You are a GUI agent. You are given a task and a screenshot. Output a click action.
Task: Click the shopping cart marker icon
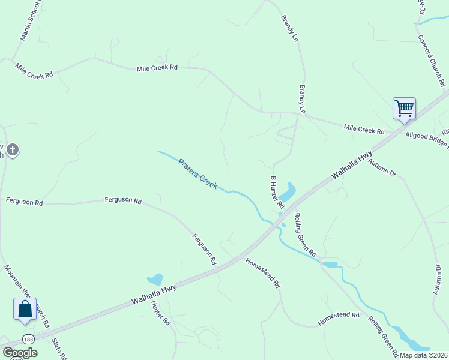[x=404, y=109]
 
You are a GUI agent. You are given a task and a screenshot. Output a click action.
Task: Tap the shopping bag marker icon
[x=25, y=309]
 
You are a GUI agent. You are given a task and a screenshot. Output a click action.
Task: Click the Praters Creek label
[x=197, y=174]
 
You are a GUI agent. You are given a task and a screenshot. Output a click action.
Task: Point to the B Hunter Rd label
[x=277, y=193]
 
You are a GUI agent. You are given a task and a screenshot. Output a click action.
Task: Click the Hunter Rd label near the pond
[x=161, y=314]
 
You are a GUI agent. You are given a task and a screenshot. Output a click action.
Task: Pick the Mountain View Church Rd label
[x=27, y=296]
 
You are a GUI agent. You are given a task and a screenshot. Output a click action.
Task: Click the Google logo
[x=20, y=353]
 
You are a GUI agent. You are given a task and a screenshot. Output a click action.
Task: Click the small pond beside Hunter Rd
[x=155, y=279]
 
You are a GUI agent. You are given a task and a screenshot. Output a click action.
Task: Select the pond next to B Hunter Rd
[x=286, y=193]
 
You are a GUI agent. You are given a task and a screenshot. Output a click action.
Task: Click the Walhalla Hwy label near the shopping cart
[x=352, y=166]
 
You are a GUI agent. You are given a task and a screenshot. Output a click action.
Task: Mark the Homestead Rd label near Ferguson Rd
[x=263, y=273]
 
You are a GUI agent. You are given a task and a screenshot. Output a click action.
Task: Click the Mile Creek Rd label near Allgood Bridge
[x=364, y=129]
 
